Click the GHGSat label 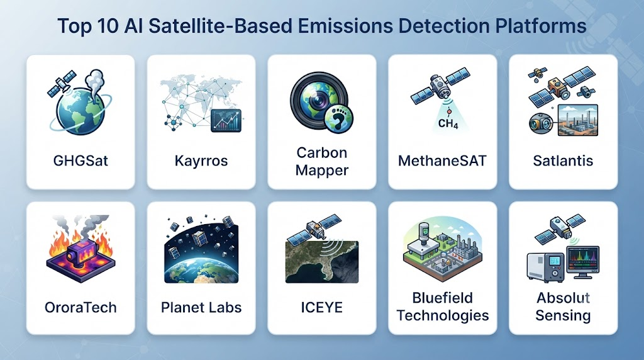tap(80, 160)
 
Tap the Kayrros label tap(201, 160)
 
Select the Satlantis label tap(563, 160)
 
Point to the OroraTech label tap(80, 307)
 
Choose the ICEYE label tap(321, 307)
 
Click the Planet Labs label tap(201, 307)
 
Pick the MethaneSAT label tap(442, 160)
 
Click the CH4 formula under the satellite tap(448, 123)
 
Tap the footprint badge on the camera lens tap(339, 119)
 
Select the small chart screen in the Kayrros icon tap(226, 121)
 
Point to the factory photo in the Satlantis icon tap(578, 120)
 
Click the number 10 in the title tap(107, 26)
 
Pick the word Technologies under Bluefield tap(442, 315)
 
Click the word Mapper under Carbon tap(321, 170)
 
